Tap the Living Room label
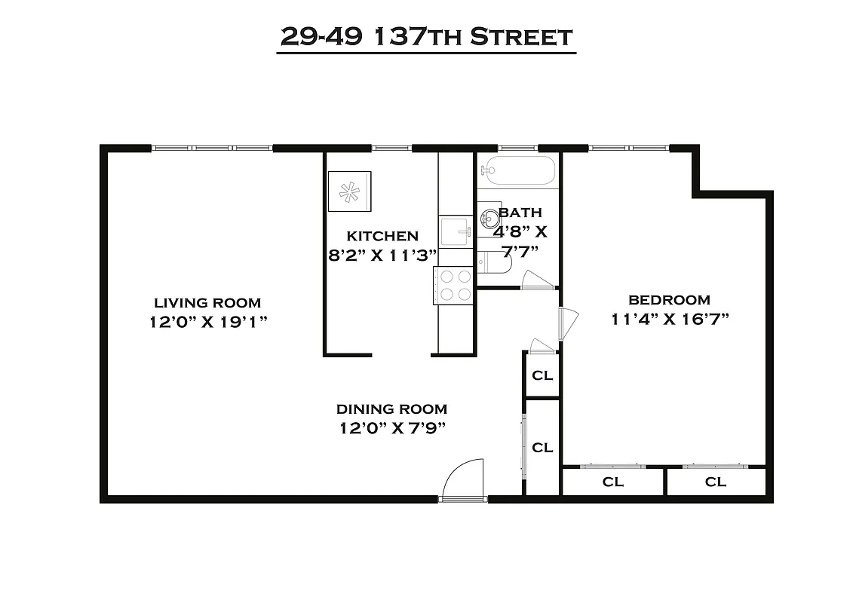(x=207, y=303)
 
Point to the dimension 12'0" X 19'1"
(x=209, y=322)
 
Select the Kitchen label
(x=382, y=236)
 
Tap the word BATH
(x=520, y=213)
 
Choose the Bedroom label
(x=669, y=299)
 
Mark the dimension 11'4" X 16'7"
(x=670, y=319)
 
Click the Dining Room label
(x=391, y=409)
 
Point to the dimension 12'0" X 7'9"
(x=391, y=428)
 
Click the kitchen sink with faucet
(x=456, y=231)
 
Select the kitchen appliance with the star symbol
(x=349, y=191)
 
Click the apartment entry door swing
(x=461, y=479)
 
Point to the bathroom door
(x=538, y=280)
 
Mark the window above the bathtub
(x=517, y=148)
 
